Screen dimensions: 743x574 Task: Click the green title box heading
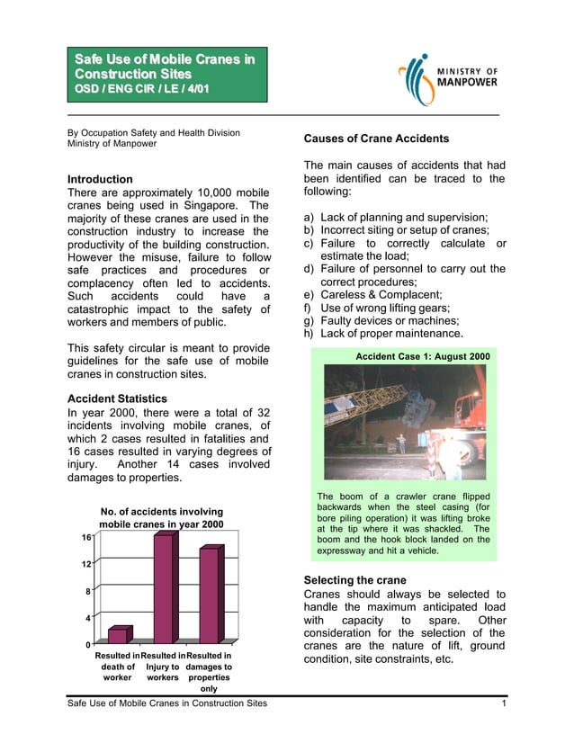click(x=165, y=74)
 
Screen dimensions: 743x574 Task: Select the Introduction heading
click(x=101, y=179)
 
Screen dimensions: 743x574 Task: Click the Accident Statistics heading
click(x=118, y=398)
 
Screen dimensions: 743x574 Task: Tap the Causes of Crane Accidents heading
click(x=376, y=139)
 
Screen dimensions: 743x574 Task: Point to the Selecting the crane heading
click(x=355, y=580)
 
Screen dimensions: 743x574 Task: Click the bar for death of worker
click(x=119, y=635)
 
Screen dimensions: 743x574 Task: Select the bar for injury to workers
click(x=164, y=589)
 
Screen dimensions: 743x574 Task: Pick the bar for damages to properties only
click(x=209, y=595)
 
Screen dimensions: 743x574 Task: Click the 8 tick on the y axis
click(x=85, y=591)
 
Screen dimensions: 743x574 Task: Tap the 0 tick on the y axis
click(x=85, y=645)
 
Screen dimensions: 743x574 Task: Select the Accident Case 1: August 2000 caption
click(x=423, y=357)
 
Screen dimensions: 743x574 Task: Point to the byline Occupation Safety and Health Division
click(x=154, y=133)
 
